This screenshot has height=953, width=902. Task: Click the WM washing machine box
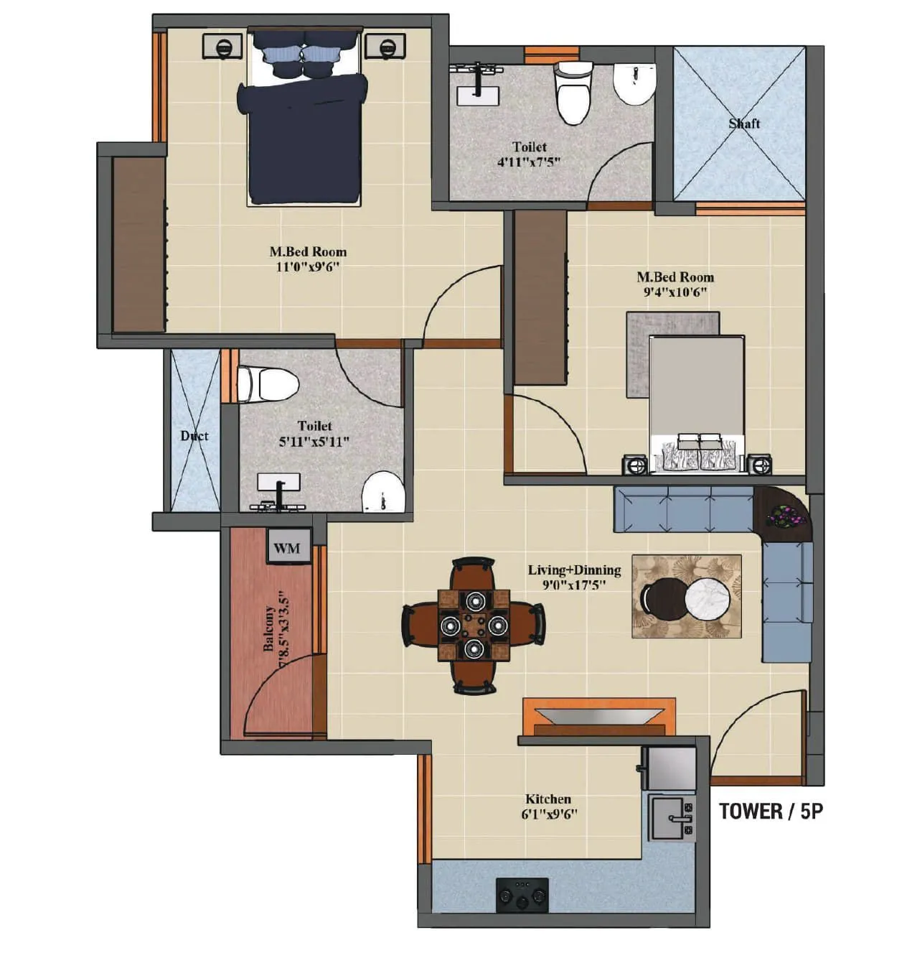(288, 548)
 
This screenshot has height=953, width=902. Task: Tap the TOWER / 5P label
(771, 811)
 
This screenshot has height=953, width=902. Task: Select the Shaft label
(744, 124)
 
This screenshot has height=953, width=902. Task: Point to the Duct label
(194, 436)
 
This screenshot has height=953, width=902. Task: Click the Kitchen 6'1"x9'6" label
(549, 806)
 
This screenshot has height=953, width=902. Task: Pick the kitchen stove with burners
(522, 895)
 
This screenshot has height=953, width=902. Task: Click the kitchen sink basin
(672, 817)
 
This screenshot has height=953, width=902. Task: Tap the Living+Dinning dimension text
(574, 585)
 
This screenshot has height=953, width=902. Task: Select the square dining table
(474, 625)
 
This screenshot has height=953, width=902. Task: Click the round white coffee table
(707, 597)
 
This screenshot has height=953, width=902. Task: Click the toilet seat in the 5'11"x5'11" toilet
(269, 385)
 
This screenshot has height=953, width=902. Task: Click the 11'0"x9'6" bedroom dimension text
(308, 267)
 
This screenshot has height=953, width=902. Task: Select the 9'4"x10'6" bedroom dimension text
(675, 292)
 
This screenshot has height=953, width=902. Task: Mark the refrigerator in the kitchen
(668, 768)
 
